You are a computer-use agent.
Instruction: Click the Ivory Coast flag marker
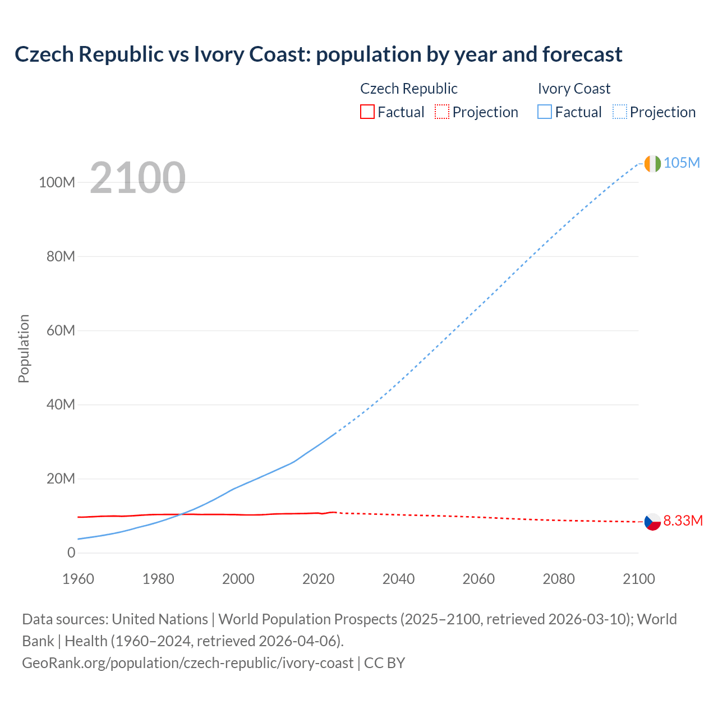[x=652, y=163]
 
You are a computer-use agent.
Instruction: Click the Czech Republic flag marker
[x=652, y=522]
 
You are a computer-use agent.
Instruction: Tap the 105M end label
[x=682, y=163]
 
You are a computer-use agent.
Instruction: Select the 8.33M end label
[x=683, y=521]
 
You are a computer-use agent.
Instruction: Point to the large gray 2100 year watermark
[x=137, y=178]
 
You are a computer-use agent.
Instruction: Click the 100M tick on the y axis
[x=57, y=183]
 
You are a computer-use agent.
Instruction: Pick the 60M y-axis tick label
[x=61, y=331]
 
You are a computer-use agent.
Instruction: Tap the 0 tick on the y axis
[x=71, y=553]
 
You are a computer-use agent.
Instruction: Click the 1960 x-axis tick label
[x=78, y=579]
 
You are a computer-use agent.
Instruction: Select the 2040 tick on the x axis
[x=398, y=579]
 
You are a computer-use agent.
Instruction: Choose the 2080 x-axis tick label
[x=559, y=579]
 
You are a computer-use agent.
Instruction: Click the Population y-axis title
[x=24, y=348]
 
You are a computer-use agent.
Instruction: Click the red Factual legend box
[x=367, y=112]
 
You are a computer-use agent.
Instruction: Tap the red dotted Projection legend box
[x=442, y=112]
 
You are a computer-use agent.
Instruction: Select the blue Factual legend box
[x=545, y=112]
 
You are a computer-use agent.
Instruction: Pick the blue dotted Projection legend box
[x=620, y=112]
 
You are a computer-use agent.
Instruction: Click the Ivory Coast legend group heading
[x=574, y=89]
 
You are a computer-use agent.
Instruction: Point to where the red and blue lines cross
[x=179, y=514]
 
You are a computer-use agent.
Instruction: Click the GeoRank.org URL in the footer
[x=188, y=663]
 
